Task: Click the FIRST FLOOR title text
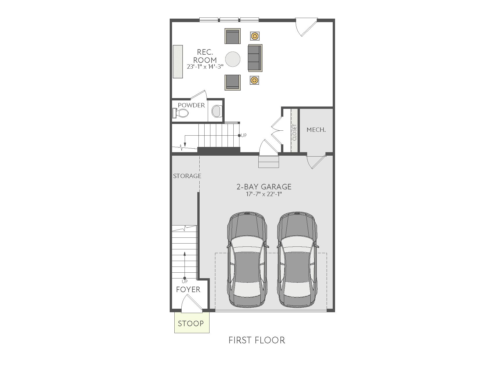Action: [x=257, y=340]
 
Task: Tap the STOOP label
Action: [x=191, y=324]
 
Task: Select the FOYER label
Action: [x=188, y=290]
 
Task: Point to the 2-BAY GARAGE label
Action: [x=264, y=187]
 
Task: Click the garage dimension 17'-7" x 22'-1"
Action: [x=264, y=194]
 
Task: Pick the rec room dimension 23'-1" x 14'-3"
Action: [x=205, y=66]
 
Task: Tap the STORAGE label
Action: [x=187, y=176]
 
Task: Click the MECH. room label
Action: [x=316, y=130]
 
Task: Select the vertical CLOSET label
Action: [x=294, y=132]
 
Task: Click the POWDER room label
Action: [x=191, y=105]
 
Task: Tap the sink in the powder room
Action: [x=216, y=111]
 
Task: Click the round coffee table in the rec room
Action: [x=233, y=59]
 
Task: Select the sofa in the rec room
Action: [x=255, y=58]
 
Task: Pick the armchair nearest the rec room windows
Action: [x=232, y=36]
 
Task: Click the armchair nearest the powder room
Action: [x=232, y=82]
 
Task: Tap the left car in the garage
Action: [x=247, y=260]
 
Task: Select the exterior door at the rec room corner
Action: [x=306, y=27]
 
